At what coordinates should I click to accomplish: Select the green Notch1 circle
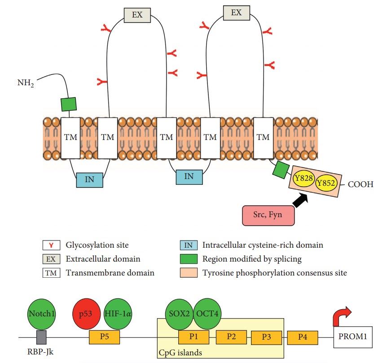coord(41,314)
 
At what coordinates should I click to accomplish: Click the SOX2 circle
coord(180,314)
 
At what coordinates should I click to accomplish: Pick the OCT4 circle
coord(208,314)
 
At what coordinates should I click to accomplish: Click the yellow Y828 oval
coord(303,179)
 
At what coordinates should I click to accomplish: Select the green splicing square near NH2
coord(69,104)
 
